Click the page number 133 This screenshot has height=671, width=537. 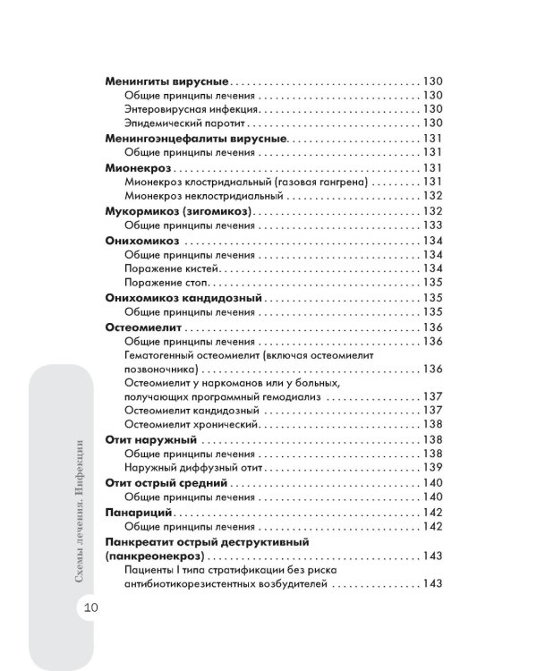coord(433,225)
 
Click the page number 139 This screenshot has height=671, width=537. coord(433,468)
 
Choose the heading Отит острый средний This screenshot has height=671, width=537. coord(164,483)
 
